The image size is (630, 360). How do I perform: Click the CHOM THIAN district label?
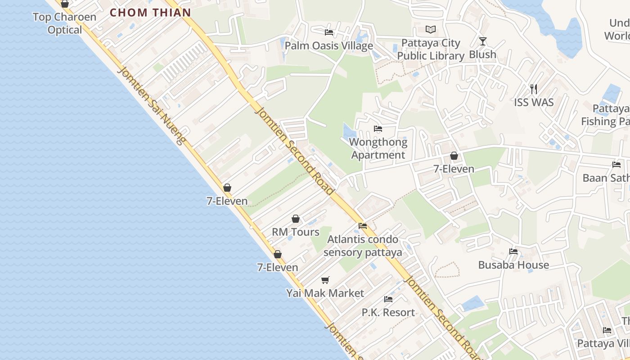(x=150, y=13)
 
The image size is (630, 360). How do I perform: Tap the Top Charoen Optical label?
(x=65, y=23)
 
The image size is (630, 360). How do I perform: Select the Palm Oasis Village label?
(x=329, y=46)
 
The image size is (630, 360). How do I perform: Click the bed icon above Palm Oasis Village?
(x=329, y=32)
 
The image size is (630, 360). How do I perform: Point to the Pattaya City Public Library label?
(x=431, y=49)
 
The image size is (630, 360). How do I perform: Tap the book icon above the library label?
(x=431, y=30)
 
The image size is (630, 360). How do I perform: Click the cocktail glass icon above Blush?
(x=483, y=41)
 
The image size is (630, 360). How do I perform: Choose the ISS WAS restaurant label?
(x=534, y=102)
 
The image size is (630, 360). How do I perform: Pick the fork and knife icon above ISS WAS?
(x=534, y=89)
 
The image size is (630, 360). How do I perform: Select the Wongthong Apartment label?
(x=378, y=148)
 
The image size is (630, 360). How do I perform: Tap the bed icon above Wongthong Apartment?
(x=378, y=129)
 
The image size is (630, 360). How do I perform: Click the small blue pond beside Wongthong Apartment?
(x=349, y=132)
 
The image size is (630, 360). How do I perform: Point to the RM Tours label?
(x=296, y=232)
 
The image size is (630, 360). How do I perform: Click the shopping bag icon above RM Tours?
(x=296, y=219)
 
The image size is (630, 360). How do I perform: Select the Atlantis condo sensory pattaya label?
(x=363, y=246)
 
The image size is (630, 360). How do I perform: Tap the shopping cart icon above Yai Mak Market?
(x=325, y=280)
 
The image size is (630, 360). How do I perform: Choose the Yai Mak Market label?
(x=325, y=293)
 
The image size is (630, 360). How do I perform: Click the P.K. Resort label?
(x=388, y=312)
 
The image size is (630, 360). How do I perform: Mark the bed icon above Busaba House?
(x=513, y=252)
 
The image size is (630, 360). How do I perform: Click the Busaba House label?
(x=513, y=265)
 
